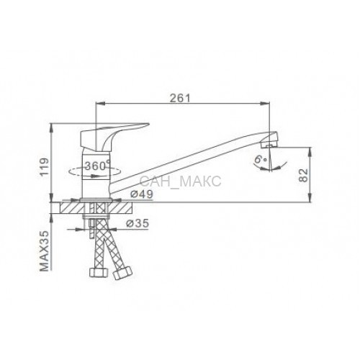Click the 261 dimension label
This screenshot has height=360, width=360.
[180, 98]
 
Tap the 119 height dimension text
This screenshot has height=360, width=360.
[45, 167]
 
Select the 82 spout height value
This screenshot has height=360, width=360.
[303, 175]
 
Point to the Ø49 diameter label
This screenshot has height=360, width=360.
[141, 194]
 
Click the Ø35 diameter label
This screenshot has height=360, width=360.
[138, 223]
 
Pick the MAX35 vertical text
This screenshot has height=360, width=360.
[45, 251]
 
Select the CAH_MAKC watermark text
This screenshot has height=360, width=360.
[180, 181]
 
